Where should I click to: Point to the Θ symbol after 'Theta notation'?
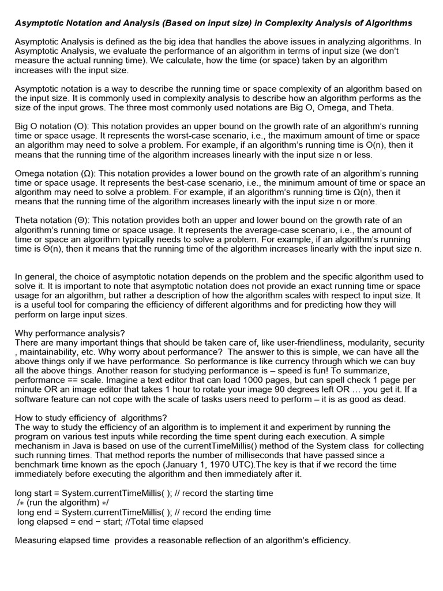(81, 220)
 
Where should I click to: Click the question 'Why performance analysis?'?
(69, 333)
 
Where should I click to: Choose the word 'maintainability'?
(47, 352)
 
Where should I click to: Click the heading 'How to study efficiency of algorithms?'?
(91, 418)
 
